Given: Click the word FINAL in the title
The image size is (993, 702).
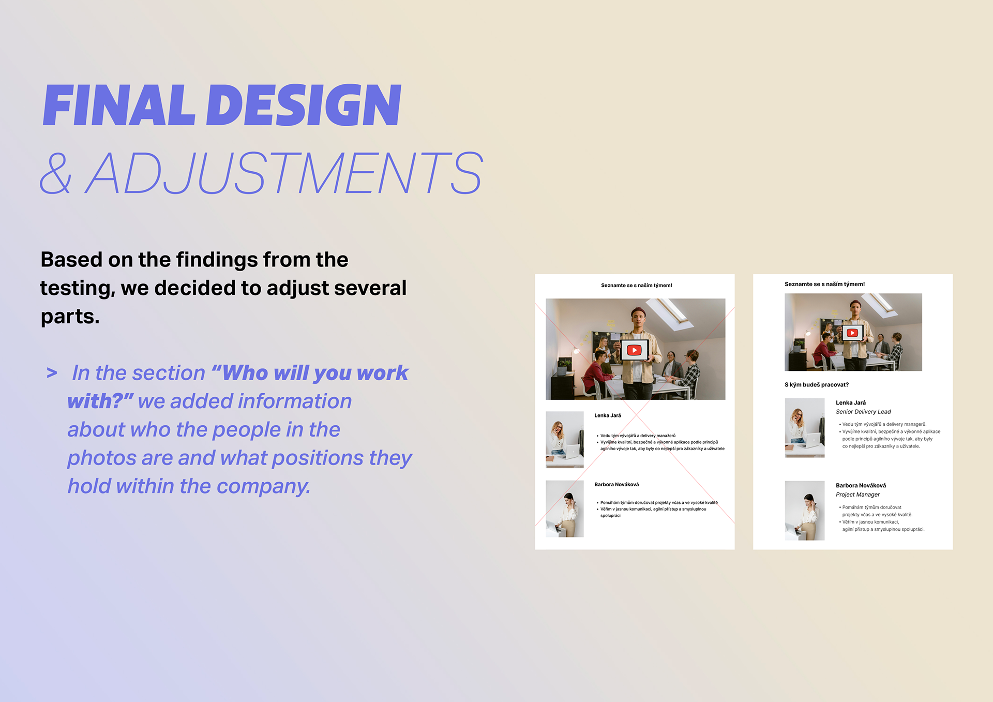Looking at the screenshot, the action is (119, 106).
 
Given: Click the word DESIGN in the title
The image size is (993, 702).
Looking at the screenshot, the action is (304, 106).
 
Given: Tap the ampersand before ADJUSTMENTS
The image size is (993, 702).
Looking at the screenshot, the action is (56, 173).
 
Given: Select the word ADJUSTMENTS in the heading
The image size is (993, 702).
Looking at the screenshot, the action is (284, 173).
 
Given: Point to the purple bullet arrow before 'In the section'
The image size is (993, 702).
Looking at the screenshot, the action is (52, 373).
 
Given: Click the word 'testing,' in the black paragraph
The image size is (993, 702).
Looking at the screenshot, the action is (78, 289).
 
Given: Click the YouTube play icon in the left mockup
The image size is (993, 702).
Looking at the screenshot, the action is (634, 350).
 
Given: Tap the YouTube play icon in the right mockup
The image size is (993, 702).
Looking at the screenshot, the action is (852, 333).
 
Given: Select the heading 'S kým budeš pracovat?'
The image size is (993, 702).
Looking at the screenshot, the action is (817, 385).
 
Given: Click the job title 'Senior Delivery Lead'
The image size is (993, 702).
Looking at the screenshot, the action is (863, 412).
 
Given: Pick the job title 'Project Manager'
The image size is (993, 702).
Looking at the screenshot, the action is (857, 495).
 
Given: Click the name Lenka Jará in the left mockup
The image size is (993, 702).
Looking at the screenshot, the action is (608, 416).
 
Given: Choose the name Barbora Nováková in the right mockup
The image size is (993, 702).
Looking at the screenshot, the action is (861, 486).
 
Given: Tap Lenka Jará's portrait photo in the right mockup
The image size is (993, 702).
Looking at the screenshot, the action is (805, 428).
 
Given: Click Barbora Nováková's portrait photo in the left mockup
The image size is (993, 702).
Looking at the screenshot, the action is (565, 509).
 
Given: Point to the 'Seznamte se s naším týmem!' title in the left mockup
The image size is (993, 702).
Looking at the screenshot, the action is (637, 286).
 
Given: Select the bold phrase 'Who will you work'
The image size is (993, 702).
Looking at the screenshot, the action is (315, 373).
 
